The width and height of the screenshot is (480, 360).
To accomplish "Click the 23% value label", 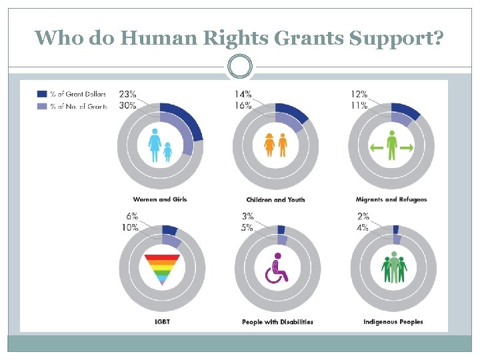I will coord(127,94).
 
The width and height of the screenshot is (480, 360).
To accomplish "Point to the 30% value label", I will coord(127,105).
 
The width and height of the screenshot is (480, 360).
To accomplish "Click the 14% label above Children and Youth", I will coord(243,94).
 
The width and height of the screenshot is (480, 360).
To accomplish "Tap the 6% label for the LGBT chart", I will coord(131,217).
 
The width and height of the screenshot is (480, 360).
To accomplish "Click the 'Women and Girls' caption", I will coord(160,199).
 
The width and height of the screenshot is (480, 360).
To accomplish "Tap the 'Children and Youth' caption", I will coord(275,199).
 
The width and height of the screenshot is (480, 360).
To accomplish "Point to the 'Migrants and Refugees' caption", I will coord(391,199).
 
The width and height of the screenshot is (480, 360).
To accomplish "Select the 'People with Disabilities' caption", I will coord(277,322).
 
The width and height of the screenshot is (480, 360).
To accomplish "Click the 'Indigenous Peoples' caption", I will coord(393,322).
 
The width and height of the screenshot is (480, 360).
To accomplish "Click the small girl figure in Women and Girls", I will coord(168,151).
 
